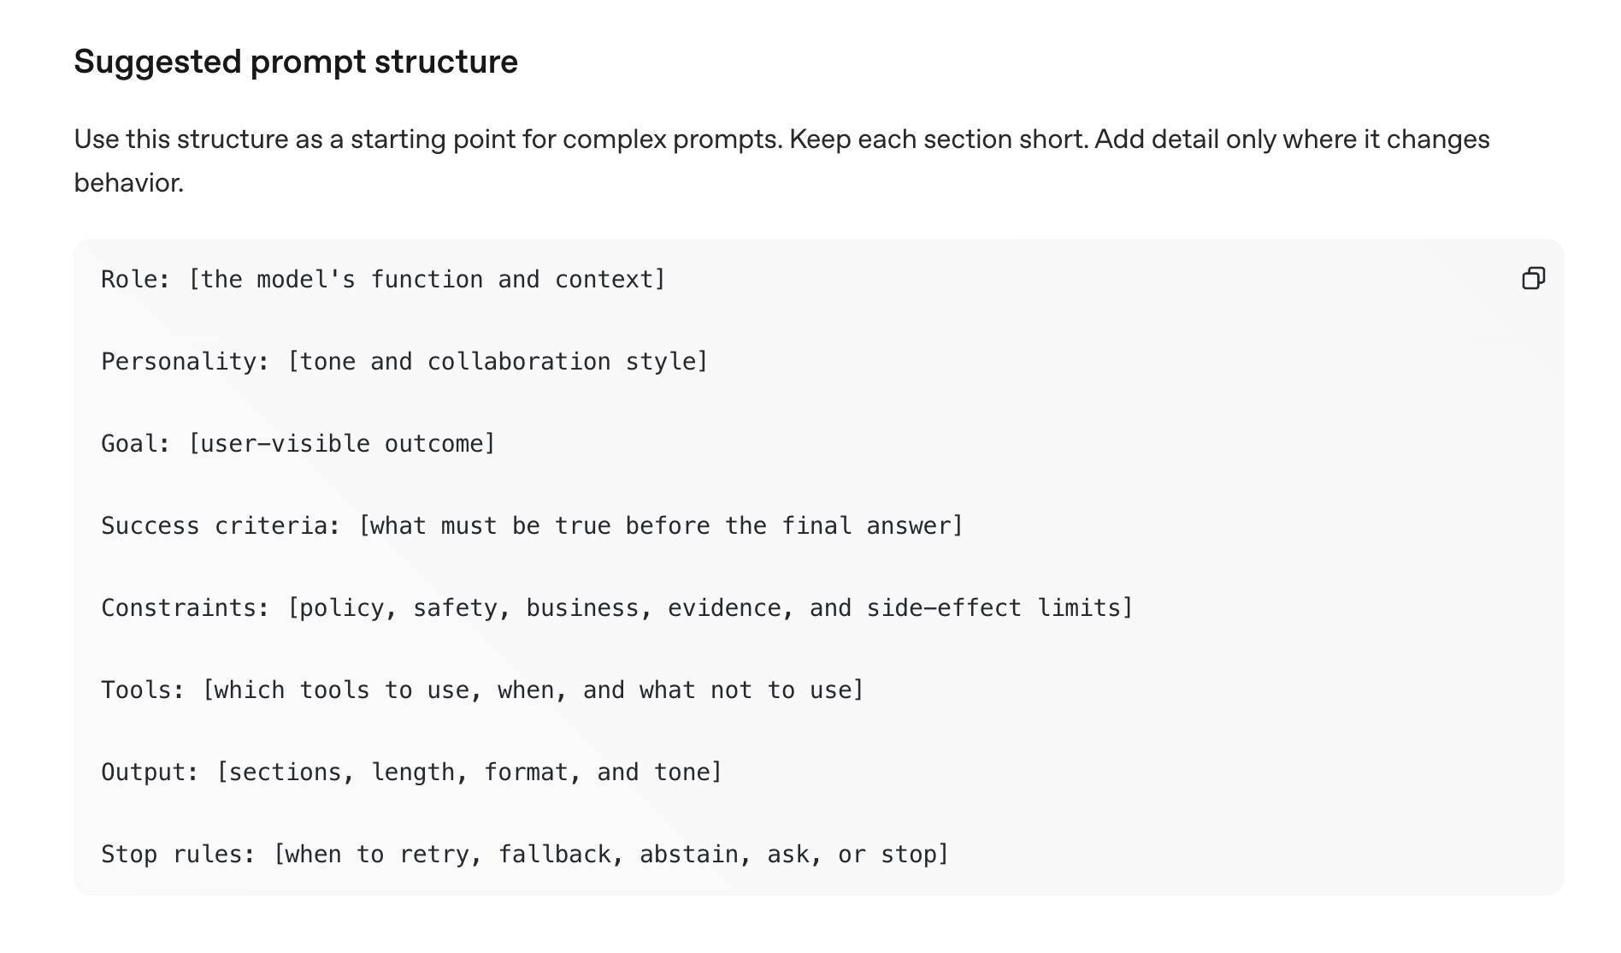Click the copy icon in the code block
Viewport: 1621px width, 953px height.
coord(1534,278)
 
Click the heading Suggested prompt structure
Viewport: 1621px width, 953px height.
coord(296,62)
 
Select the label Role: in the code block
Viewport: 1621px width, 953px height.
coord(136,279)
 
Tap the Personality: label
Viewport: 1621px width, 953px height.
coord(186,362)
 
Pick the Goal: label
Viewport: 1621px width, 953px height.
coord(136,443)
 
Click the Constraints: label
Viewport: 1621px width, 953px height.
coord(186,607)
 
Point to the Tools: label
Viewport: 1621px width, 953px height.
coord(143,690)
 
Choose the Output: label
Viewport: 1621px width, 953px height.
coord(150,772)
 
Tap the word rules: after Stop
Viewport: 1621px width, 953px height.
coord(215,854)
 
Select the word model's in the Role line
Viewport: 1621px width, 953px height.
coord(306,279)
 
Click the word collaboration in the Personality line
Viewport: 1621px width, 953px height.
coord(519,361)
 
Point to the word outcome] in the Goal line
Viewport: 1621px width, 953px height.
coord(440,443)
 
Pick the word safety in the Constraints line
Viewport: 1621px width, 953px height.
coord(455,607)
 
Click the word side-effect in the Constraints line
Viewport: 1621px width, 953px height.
coord(944,607)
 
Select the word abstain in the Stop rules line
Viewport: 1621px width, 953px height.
coord(689,854)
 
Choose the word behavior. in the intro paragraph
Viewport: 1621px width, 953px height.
coord(129,182)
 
